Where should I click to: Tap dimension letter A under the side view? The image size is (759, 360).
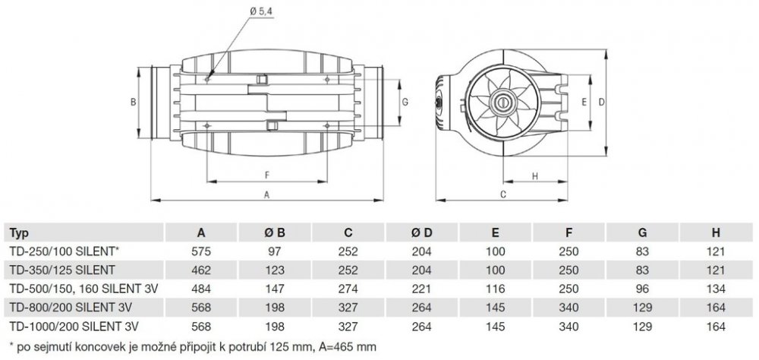coord(266,194)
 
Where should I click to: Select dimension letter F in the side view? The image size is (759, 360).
coord(266,174)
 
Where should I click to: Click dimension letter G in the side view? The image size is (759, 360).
coord(405,102)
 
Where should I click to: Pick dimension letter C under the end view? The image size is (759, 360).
coord(524,194)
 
